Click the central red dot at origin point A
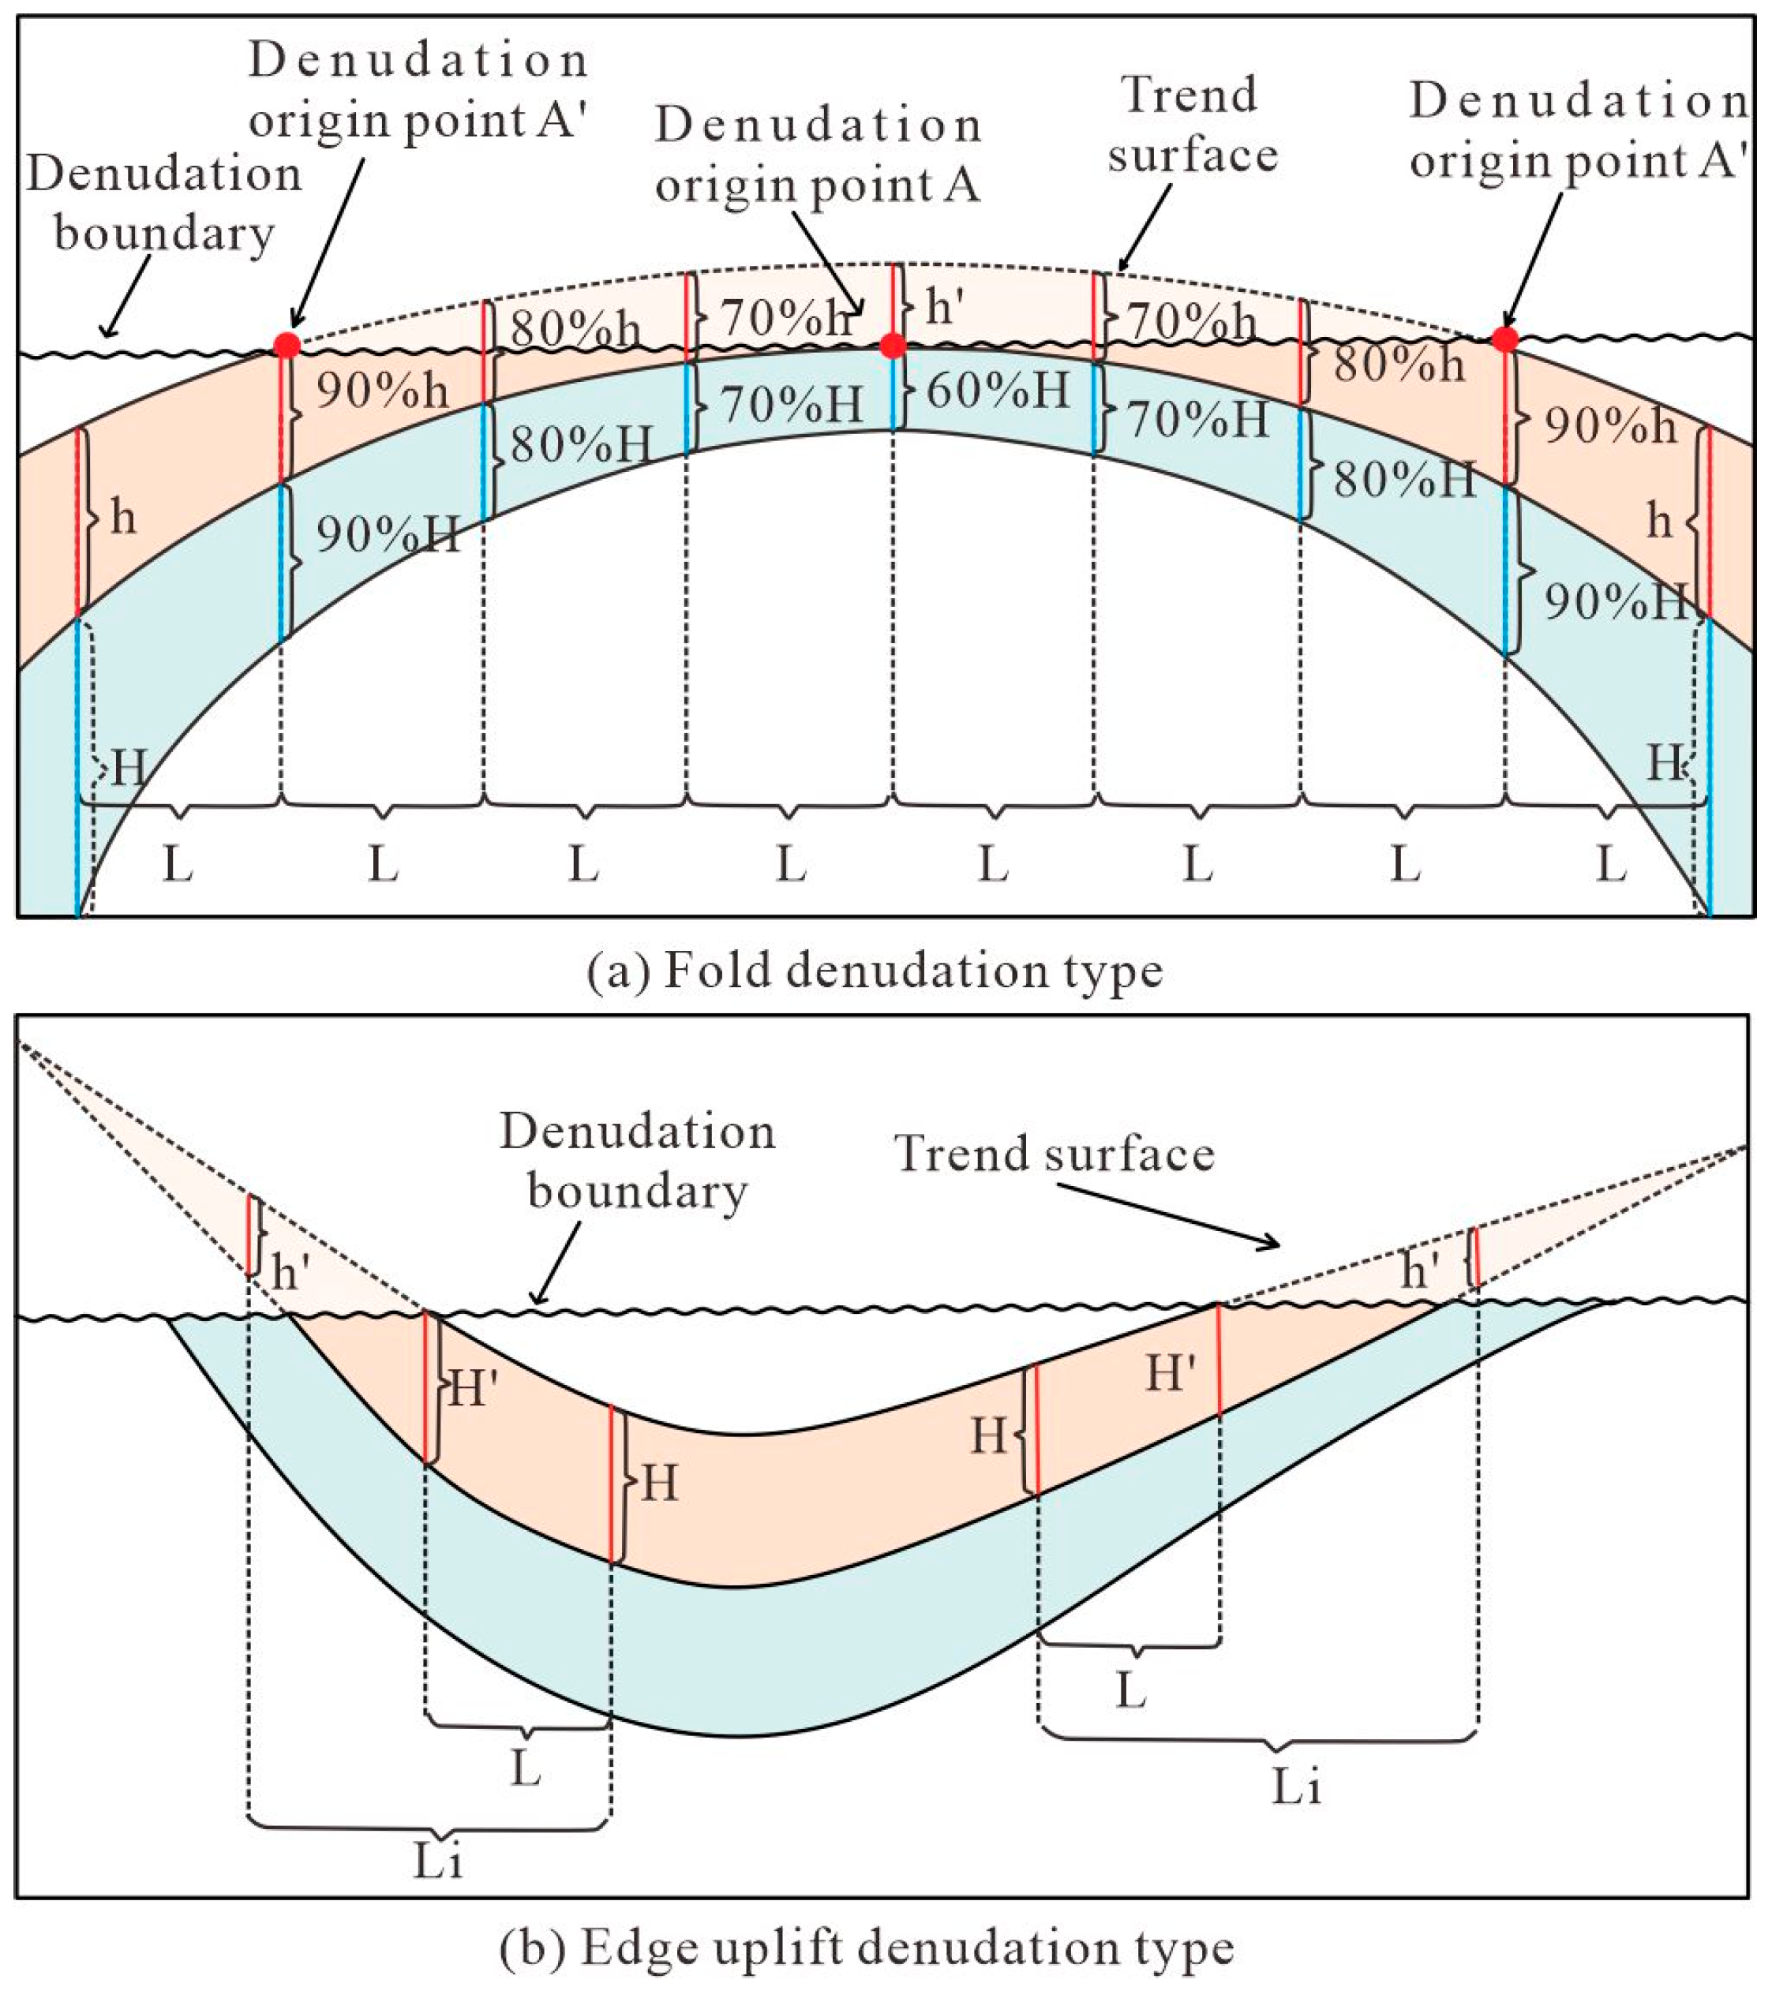click(x=891, y=345)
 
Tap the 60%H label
click(x=997, y=391)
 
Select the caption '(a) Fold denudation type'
click(x=875, y=971)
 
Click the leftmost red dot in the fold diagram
click(x=286, y=345)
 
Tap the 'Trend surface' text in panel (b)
click(x=1054, y=1153)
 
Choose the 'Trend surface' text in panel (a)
click(x=1191, y=125)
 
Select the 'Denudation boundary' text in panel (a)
click(x=163, y=203)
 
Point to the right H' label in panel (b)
click(x=1171, y=1373)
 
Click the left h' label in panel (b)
click(x=292, y=1272)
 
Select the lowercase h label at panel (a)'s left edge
click(x=122, y=517)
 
